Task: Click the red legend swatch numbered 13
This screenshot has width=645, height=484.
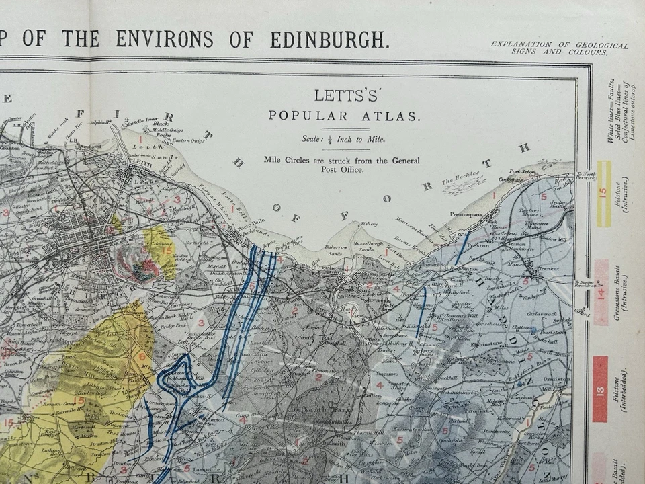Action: coord(600,389)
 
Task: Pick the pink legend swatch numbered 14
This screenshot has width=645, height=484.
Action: coord(601,293)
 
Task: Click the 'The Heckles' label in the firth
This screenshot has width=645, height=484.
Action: coord(460,179)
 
